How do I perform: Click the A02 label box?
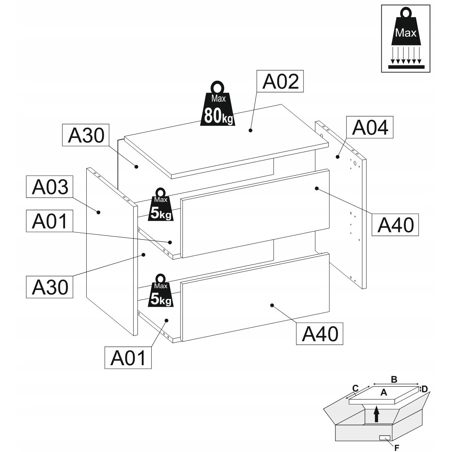tap(280, 81)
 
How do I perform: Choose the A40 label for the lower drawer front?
tap(320, 333)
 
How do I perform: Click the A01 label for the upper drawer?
tap(50, 221)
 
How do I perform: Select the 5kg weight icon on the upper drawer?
tap(161, 205)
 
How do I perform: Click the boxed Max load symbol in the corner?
tap(406, 38)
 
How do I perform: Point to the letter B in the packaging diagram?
tap(394, 380)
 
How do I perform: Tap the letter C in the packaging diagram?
tap(355, 388)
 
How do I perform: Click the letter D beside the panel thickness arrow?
tap(425, 389)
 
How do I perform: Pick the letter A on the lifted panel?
tap(383, 393)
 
